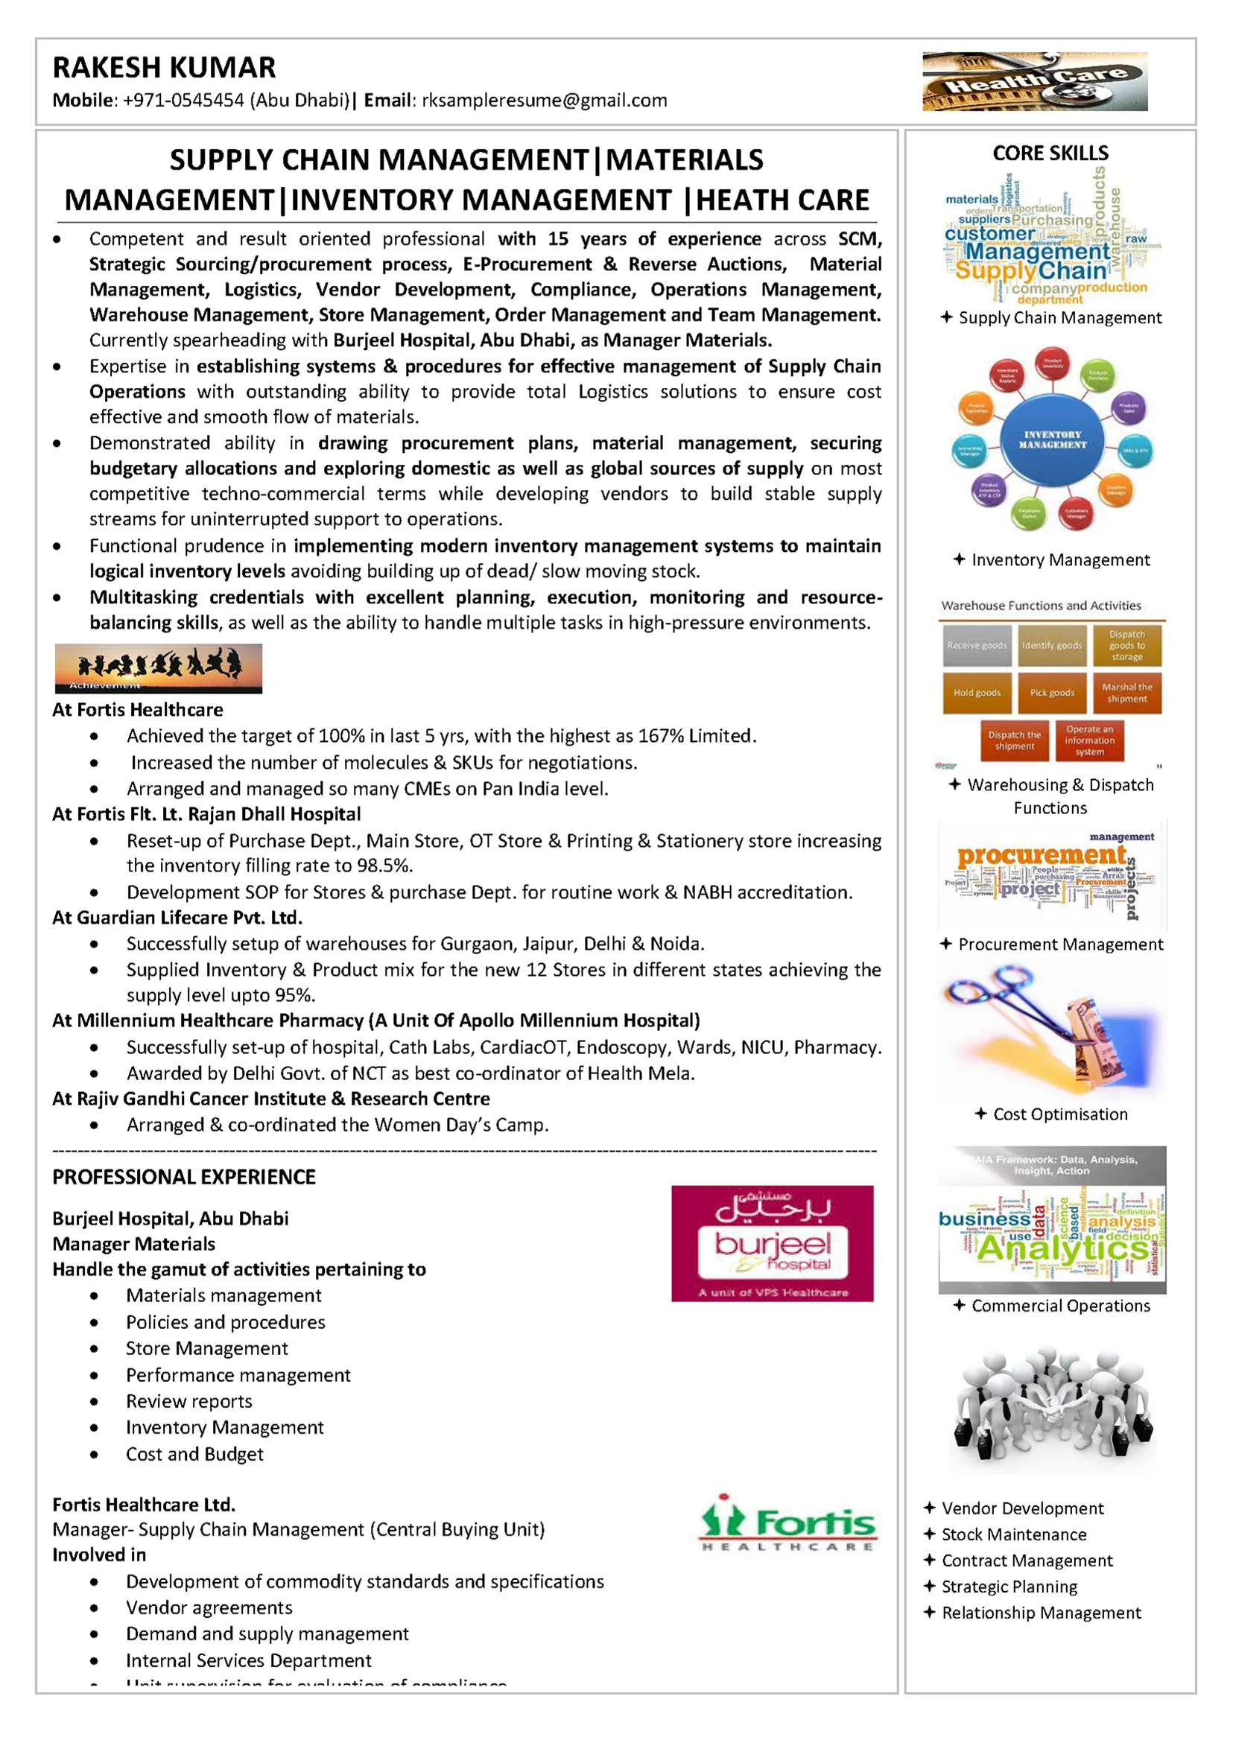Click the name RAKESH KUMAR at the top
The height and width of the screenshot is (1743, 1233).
(164, 68)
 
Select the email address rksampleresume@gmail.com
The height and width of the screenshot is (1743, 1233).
(545, 101)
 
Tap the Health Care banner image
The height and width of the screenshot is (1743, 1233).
(1034, 82)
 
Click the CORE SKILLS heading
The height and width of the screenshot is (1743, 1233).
(1050, 153)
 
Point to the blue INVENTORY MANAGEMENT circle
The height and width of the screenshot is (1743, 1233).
(1051, 440)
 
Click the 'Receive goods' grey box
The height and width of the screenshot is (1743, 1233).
(977, 645)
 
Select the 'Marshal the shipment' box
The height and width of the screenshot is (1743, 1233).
(1126, 692)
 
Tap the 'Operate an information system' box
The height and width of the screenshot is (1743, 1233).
(1088, 740)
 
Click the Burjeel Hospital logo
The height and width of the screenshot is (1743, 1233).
(772, 1243)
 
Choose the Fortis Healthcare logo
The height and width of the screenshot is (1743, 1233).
(787, 1522)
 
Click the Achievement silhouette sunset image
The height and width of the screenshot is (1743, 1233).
(158, 668)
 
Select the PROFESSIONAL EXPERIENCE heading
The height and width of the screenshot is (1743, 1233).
(184, 1177)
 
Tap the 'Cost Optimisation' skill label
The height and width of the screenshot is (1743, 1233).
(1060, 1114)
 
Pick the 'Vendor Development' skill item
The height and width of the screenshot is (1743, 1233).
(1022, 1508)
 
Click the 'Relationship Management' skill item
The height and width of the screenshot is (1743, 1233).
(1041, 1613)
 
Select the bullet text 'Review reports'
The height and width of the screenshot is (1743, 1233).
(189, 1401)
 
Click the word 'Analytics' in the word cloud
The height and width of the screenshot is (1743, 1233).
(1063, 1248)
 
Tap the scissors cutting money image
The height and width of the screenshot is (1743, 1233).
(1052, 1029)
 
